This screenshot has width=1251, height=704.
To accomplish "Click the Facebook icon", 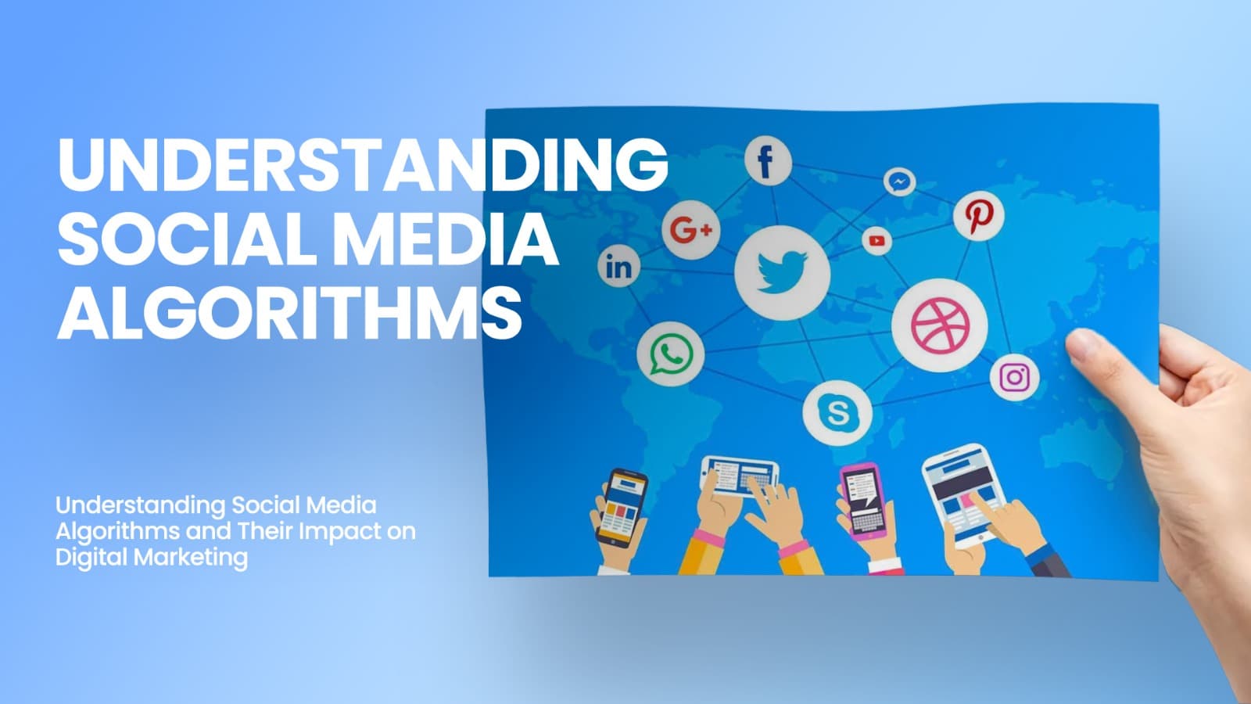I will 767,161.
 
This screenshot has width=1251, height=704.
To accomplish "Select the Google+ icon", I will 690,230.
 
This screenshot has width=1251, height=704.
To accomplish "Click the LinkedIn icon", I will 618,267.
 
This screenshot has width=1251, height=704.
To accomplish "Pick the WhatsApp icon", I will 670,354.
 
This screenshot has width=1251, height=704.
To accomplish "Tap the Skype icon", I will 837,412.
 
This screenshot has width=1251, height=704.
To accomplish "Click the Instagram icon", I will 1015,378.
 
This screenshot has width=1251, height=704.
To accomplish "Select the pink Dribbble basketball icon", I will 940,325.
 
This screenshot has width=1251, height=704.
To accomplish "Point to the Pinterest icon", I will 978,215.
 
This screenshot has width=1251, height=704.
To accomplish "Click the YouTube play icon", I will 876,241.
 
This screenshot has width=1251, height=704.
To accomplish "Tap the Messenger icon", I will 900,182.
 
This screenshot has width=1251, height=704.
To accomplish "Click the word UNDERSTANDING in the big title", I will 362,166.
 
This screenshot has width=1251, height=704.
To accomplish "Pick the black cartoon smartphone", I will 622,505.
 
